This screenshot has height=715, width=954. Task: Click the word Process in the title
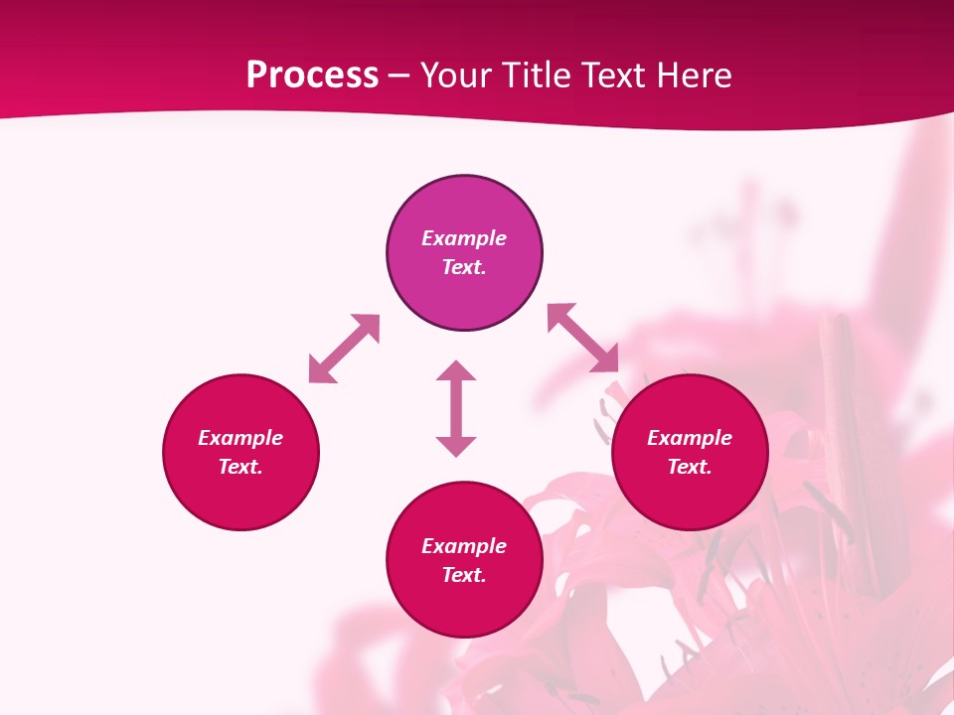point(312,75)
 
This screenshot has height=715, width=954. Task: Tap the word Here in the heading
point(693,75)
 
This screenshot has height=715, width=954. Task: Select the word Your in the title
point(453,75)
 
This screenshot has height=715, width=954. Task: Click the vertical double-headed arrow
point(456,408)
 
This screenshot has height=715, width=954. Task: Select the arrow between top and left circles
point(344,349)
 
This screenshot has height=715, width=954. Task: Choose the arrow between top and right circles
point(583,338)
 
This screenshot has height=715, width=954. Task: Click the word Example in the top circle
point(464,238)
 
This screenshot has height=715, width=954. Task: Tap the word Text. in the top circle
point(464,267)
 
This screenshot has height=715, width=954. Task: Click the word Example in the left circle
point(240,438)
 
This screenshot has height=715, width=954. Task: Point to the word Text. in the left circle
point(240,467)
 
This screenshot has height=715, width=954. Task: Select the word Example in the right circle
point(690,438)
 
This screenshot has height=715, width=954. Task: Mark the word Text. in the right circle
point(690,467)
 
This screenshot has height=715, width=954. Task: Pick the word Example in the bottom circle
point(464,546)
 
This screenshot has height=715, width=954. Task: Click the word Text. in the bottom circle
point(464,575)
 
